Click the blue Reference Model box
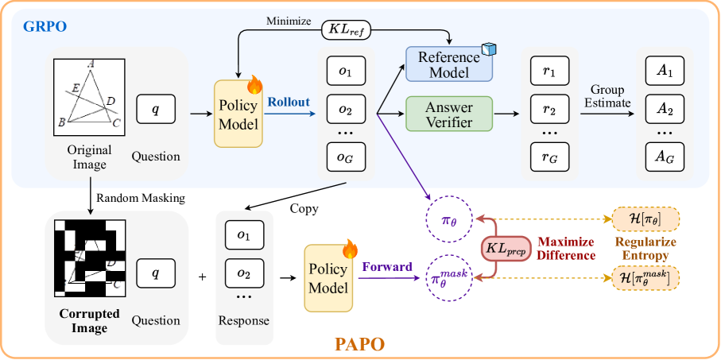[448, 64]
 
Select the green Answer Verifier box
[448, 114]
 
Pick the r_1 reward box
[549, 71]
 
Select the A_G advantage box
[664, 157]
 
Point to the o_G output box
[345, 157]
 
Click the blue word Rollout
[289, 102]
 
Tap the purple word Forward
[387, 267]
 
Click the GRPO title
[44, 25]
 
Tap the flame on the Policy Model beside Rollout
[254, 83]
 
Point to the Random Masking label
[141, 198]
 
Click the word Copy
[304, 208]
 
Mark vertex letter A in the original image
[91, 65]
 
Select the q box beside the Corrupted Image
[156, 273]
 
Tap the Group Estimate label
[608, 95]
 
